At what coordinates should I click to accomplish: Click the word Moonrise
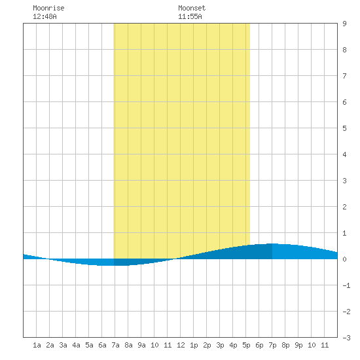pyautogui.click(x=48, y=8)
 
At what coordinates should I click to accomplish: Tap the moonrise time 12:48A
pyautogui.click(x=45, y=16)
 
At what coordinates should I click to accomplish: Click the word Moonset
pyautogui.click(x=192, y=8)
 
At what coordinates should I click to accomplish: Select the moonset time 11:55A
pyautogui.click(x=190, y=16)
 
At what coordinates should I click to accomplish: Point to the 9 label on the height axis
pyautogui.click(x=344, y=24)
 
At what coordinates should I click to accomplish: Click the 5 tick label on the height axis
pyautogui.click(x=344, y=128)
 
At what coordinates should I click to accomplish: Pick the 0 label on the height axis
pyautogui.click(x=344, y=259)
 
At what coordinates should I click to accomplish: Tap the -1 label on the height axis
pyautogui.click(x=346, y=285)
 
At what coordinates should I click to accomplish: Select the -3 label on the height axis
pyautogui.click(x=346, y=338)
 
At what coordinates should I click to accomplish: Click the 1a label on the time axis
pyautogui.click(x=37, y=345)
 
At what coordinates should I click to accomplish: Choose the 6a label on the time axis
pyautogui.click(x=102, y=345)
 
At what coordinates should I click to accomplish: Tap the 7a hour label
pyautogui.click(x=115, y=345)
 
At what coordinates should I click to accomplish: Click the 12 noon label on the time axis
pyautogui.click(x=181, y=345)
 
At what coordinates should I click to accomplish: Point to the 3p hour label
pyautogui.click(x=220, y=345)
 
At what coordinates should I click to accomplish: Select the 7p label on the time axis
pyautogui.click(x=272, y=345)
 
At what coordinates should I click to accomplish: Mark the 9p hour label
pyautogui.click(x=298, y=345)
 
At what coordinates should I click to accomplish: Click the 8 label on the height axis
pyautogui.click(x=344, y=50)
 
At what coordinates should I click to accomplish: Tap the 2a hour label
pyautogui.click(x=50, y=345)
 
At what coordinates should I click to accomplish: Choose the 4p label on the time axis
pyautogui.click(x=233, y=345)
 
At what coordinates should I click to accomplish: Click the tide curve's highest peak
pyautogui.click(x=272, y=243)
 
